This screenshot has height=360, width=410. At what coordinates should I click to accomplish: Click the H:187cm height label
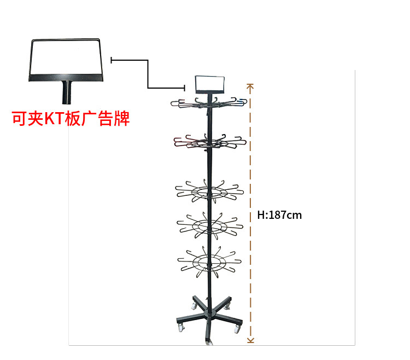pos(279,215)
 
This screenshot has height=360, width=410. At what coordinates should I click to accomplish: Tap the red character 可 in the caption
pos(20,118)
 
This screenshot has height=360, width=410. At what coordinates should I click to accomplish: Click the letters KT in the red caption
pos(54,118)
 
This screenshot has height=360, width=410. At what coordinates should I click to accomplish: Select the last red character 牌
pos(121,118)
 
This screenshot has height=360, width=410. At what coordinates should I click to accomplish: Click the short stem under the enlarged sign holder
pos(67,92)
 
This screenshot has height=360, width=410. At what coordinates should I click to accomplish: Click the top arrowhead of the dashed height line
pos(250,86)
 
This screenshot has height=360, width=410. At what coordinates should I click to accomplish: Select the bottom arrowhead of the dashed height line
pos(250,340)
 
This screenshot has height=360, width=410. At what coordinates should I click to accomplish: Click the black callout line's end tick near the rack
pos(185,88)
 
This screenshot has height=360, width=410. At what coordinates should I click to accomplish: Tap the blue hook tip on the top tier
pos(241,101)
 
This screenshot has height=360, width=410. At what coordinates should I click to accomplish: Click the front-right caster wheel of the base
pos(237,329)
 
